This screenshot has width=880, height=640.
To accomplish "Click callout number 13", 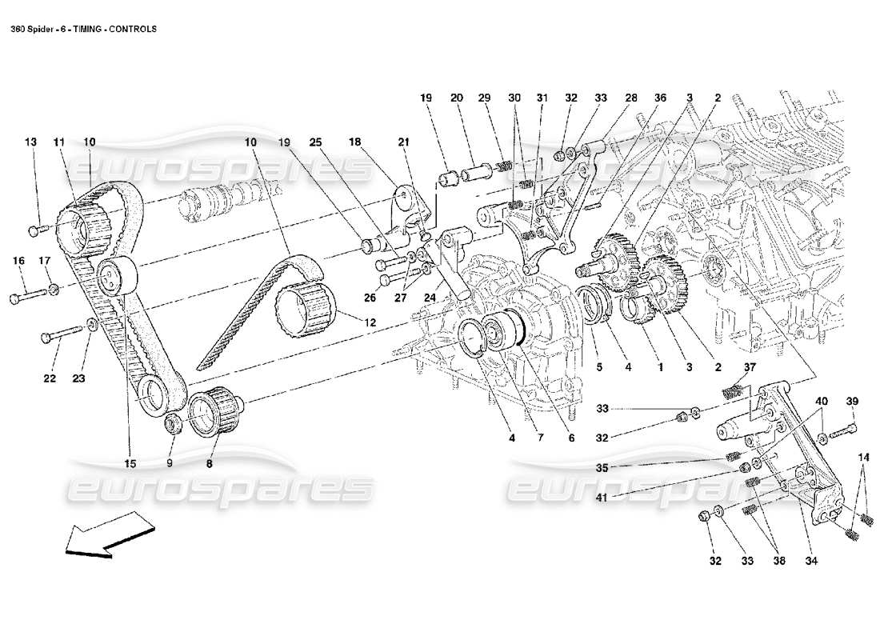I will click(x=30, y=142).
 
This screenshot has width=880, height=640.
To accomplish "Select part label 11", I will click(x=58, y=142).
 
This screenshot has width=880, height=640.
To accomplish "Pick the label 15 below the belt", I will click(x=130, y=463).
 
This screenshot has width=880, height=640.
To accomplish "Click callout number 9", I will click(x=170, y=463).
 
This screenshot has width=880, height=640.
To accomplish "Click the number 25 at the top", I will click(x=315, y=142).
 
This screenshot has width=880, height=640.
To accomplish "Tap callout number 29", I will click(x=484, y=98).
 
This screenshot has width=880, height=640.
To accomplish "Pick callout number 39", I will click(x=852, y=401).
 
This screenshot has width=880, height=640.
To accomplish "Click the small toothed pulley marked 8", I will click(x=214, y=409).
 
